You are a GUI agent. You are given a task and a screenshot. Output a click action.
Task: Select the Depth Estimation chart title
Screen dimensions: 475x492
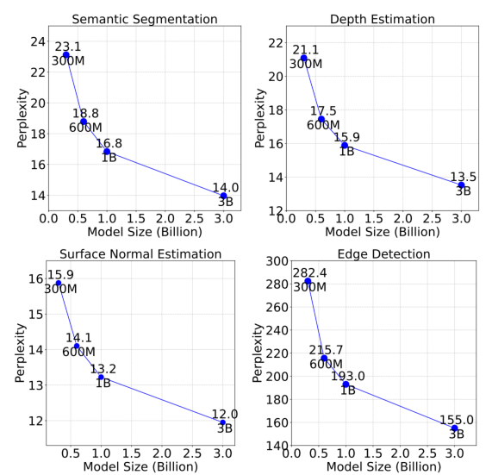point(383,18)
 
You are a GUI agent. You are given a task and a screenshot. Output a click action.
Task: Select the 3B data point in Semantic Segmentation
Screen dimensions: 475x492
point(223,196)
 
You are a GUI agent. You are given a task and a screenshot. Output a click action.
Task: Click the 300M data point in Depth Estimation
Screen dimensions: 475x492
point(304,58)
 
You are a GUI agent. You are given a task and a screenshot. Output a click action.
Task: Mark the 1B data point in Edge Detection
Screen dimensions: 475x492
point(346,384)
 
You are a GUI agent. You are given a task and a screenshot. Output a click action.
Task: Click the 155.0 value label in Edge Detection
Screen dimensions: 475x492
point(457,419)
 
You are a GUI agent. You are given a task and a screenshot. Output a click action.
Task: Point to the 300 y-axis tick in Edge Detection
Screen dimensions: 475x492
point(273,261)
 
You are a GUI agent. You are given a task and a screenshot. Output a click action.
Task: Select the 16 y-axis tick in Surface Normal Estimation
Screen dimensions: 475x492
point(35,278)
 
